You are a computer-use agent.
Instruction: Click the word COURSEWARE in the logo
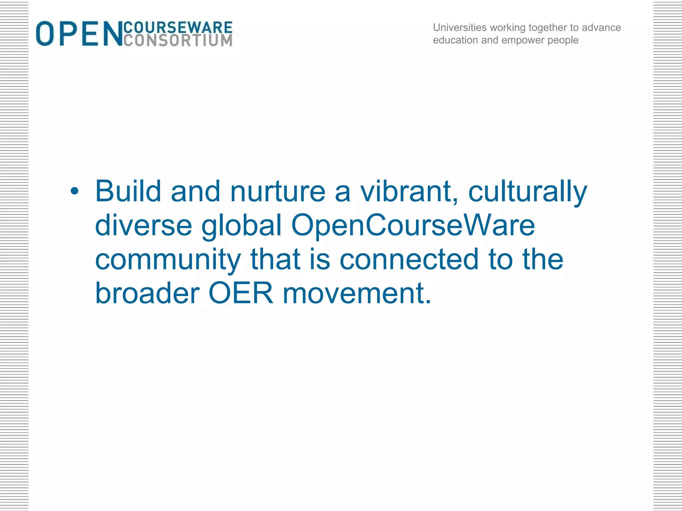point(178,27)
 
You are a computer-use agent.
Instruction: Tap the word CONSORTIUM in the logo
point(178,41)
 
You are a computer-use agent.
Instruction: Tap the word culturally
point(527,192)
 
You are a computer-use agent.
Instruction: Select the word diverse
point(144,225)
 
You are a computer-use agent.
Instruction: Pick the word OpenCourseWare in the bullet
point(413,226)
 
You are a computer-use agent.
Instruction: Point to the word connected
point(409,259)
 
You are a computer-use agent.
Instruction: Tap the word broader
point(147,293)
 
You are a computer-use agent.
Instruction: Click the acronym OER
point(240,293)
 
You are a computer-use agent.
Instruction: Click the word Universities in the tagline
point(460,28)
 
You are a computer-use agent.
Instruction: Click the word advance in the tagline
point(601,28)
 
